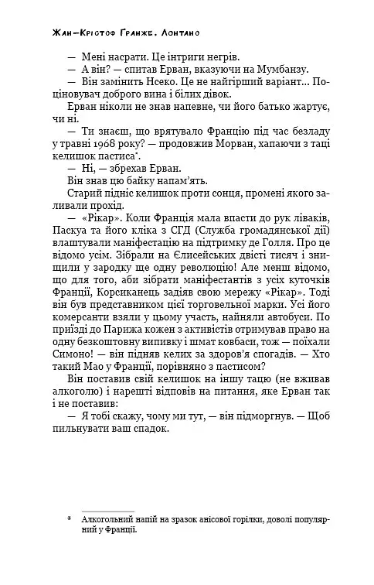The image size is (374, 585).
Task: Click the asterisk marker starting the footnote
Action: [70, 519]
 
